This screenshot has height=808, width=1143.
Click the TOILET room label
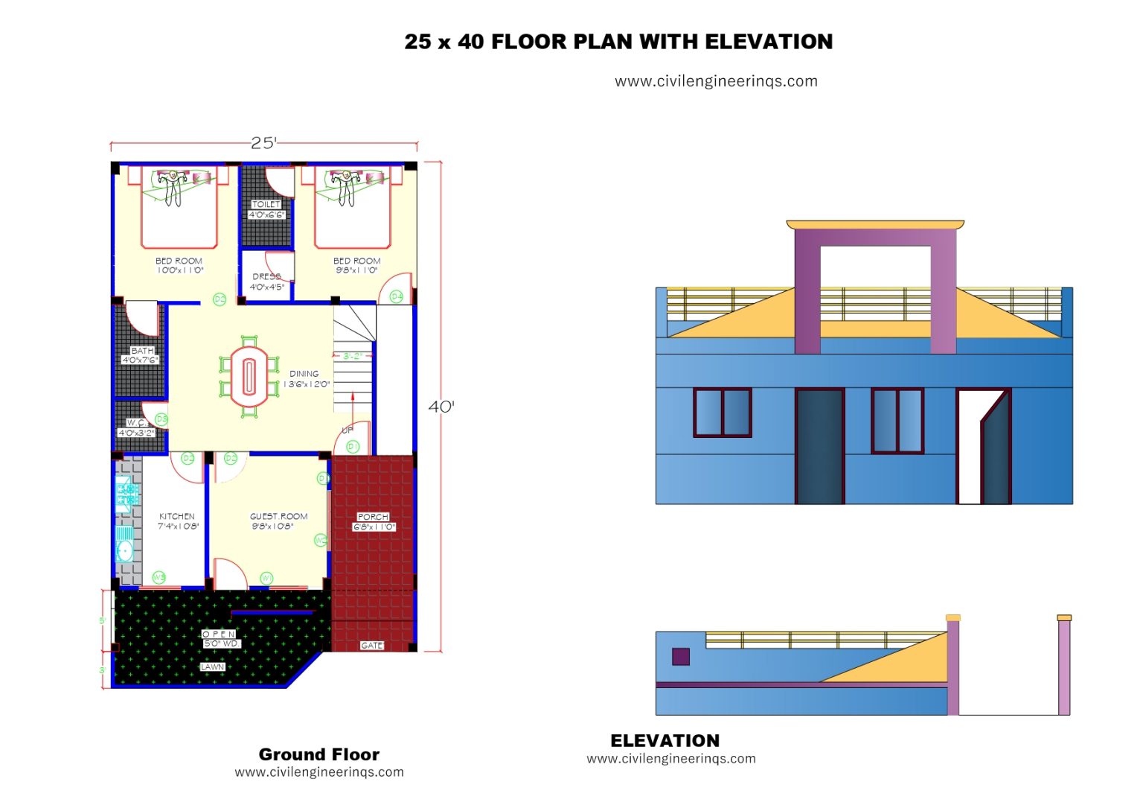tap(266, 204)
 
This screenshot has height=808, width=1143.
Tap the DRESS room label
tap(266, 276)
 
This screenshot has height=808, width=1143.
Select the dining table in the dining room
tap(249, 377)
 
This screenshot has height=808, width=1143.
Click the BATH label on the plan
tap(141, 351)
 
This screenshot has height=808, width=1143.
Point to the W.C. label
tap(137, 423)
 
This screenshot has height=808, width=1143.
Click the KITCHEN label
tap(177, 516)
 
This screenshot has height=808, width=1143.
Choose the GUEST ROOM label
tap(278, 516)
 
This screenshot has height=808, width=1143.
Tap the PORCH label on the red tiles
tap(373, 517)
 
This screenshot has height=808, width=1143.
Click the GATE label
tap(371, 646)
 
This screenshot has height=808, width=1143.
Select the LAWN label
tap(212, 667)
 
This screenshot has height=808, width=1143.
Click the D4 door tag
tap(397, 296)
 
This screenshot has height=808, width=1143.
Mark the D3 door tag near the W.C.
tap(161, 419)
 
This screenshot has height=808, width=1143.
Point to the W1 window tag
tap(266, 578)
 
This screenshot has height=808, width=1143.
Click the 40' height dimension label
tap(441, 407)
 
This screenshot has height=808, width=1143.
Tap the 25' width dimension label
tap(263, 143)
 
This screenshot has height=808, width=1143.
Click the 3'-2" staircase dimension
tap(352, 356)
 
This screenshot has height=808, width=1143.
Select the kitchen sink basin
tap(125, 550)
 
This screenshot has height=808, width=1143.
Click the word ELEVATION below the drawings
tap(665, 741)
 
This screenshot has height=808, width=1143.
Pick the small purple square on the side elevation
tap(680, 656)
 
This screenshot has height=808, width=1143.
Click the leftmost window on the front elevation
tap(722, 412)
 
